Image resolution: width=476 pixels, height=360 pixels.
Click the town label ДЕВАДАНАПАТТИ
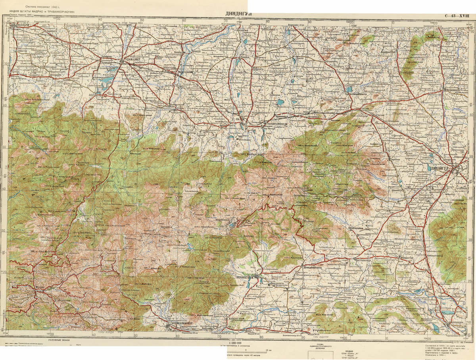(x=315, y=268)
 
